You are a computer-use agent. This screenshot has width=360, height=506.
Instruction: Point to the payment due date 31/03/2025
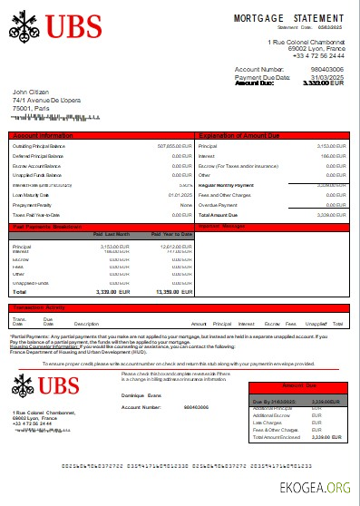(328, 75)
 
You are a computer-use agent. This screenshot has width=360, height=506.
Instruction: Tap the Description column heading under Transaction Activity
(86, 324)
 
